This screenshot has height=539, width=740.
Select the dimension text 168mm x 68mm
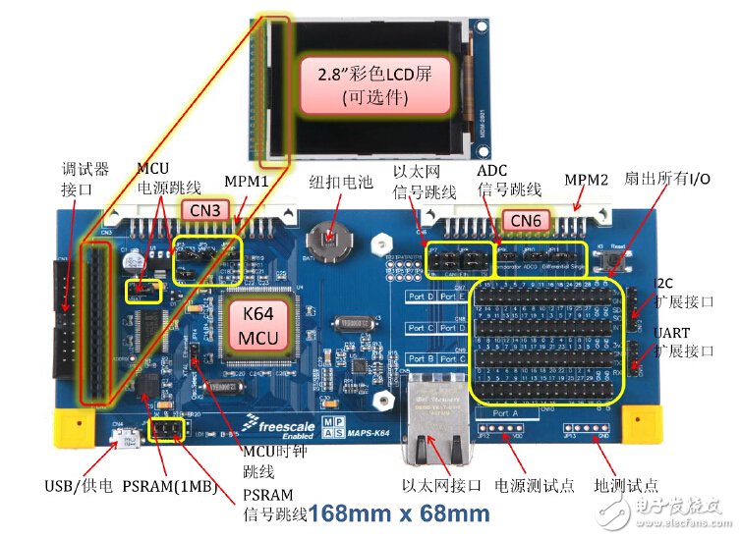tap(397, 512)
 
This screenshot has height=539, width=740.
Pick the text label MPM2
tap(588, 181)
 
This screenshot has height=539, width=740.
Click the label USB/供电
tap(79, 486)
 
